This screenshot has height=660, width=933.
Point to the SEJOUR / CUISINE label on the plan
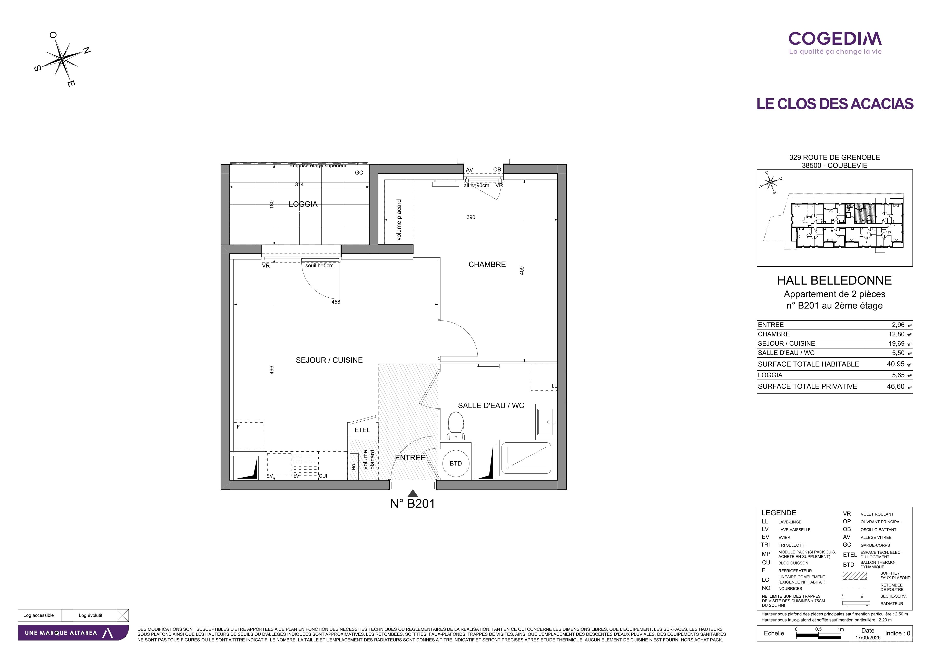329,360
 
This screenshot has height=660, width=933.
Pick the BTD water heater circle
456,463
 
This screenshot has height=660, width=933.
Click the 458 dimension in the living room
336,302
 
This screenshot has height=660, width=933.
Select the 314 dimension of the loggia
299,185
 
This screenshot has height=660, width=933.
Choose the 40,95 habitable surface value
895,364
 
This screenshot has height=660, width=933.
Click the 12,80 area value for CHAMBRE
896,334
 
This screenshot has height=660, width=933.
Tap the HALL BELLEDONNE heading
834,280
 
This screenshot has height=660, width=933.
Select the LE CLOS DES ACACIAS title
835,104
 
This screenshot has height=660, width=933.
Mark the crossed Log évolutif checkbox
122,615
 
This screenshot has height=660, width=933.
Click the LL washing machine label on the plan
554,386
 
